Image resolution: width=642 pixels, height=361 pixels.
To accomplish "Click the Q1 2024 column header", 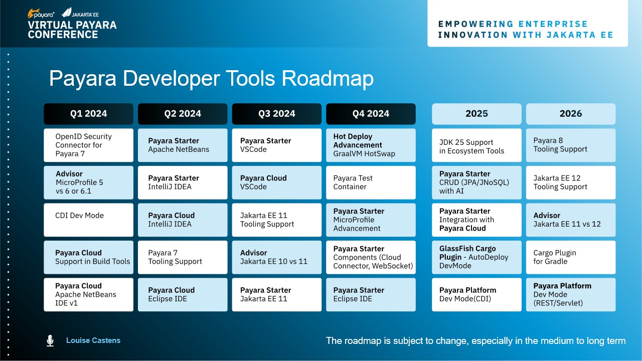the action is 89,114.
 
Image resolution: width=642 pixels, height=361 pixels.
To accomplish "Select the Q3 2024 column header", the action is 276,114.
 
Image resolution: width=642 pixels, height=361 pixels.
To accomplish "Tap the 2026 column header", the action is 571,114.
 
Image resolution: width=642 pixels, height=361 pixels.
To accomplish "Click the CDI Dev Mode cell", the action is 89,220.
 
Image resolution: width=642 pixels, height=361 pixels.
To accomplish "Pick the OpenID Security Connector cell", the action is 89,145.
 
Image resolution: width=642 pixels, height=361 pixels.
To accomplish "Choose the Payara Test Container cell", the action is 371,183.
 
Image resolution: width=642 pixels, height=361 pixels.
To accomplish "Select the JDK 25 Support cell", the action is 476,145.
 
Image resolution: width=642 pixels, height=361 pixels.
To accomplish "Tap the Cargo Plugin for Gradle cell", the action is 571,257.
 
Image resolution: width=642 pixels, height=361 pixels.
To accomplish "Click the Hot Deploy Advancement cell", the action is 371,145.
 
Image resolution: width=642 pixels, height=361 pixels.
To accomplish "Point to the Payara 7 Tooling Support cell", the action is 183,257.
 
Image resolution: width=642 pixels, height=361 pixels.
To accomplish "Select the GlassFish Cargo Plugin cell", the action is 476,257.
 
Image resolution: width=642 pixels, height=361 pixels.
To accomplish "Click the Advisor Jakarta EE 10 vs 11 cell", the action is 276,257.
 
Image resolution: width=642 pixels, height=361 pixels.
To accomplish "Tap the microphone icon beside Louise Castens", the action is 50,340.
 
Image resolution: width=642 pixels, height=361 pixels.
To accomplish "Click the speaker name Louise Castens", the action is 93,340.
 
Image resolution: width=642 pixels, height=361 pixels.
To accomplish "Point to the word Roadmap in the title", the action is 328,79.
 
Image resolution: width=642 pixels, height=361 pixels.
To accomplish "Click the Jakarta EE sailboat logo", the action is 67,13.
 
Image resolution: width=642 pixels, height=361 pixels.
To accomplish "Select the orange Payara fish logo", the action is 33,13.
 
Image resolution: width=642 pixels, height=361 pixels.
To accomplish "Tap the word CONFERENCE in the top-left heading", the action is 63,35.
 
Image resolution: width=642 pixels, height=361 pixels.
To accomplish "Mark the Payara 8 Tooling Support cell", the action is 571,145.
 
